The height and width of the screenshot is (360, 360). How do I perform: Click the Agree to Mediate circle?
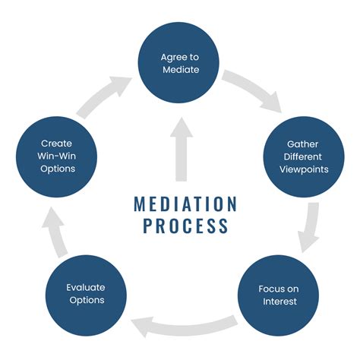(179, 62)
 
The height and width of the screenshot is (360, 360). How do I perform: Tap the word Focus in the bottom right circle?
(270, 288)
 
